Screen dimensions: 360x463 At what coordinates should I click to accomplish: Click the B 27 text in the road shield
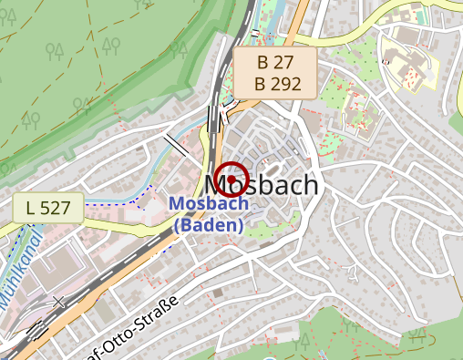[x=275, y=63]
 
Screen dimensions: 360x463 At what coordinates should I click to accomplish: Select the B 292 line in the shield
[x=275, y=83]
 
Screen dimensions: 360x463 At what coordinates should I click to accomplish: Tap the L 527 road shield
[x=48, y=208]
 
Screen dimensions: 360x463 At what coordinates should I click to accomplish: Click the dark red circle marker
[x=233, y=179]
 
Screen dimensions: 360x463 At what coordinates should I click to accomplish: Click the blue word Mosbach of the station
[x=209, y=204]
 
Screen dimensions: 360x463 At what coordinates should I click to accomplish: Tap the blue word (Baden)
[x=209, y=224]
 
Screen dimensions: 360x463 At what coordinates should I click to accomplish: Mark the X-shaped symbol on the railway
[x=59, y=301]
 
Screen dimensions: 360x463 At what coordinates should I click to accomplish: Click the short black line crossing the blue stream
[x=177, y=144]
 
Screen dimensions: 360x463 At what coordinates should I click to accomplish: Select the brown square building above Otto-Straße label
[x=218, y=294]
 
